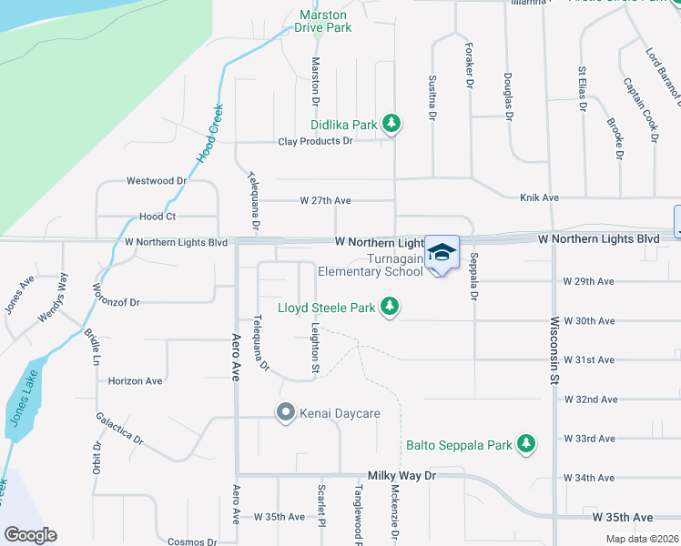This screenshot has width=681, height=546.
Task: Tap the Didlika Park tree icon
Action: (x=391, y=124)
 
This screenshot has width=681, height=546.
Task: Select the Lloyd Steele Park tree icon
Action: (x=390, y=308)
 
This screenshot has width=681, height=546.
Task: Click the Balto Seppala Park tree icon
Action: (x=525, y=444)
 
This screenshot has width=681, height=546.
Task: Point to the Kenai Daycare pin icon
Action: (x=285, y=414)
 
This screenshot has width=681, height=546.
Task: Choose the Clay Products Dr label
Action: (x=315, y=141)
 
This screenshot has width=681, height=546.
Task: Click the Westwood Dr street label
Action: (x=157, y=181)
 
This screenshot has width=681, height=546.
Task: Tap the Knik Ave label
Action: (x=540, y=197)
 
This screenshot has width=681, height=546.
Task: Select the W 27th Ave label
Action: (x=325, y=200)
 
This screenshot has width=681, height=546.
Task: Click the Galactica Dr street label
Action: (x=120, y=428)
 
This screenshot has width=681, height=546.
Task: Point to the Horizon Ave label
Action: (x=135, y=380)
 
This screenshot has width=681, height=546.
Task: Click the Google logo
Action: (x=30, y=535)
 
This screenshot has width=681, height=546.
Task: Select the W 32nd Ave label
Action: (x=590, y=399)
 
